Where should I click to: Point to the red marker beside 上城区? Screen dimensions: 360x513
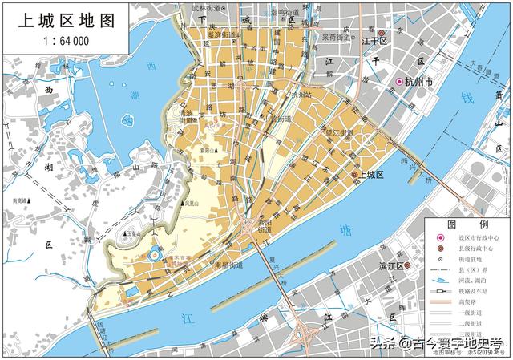(354, 175)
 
